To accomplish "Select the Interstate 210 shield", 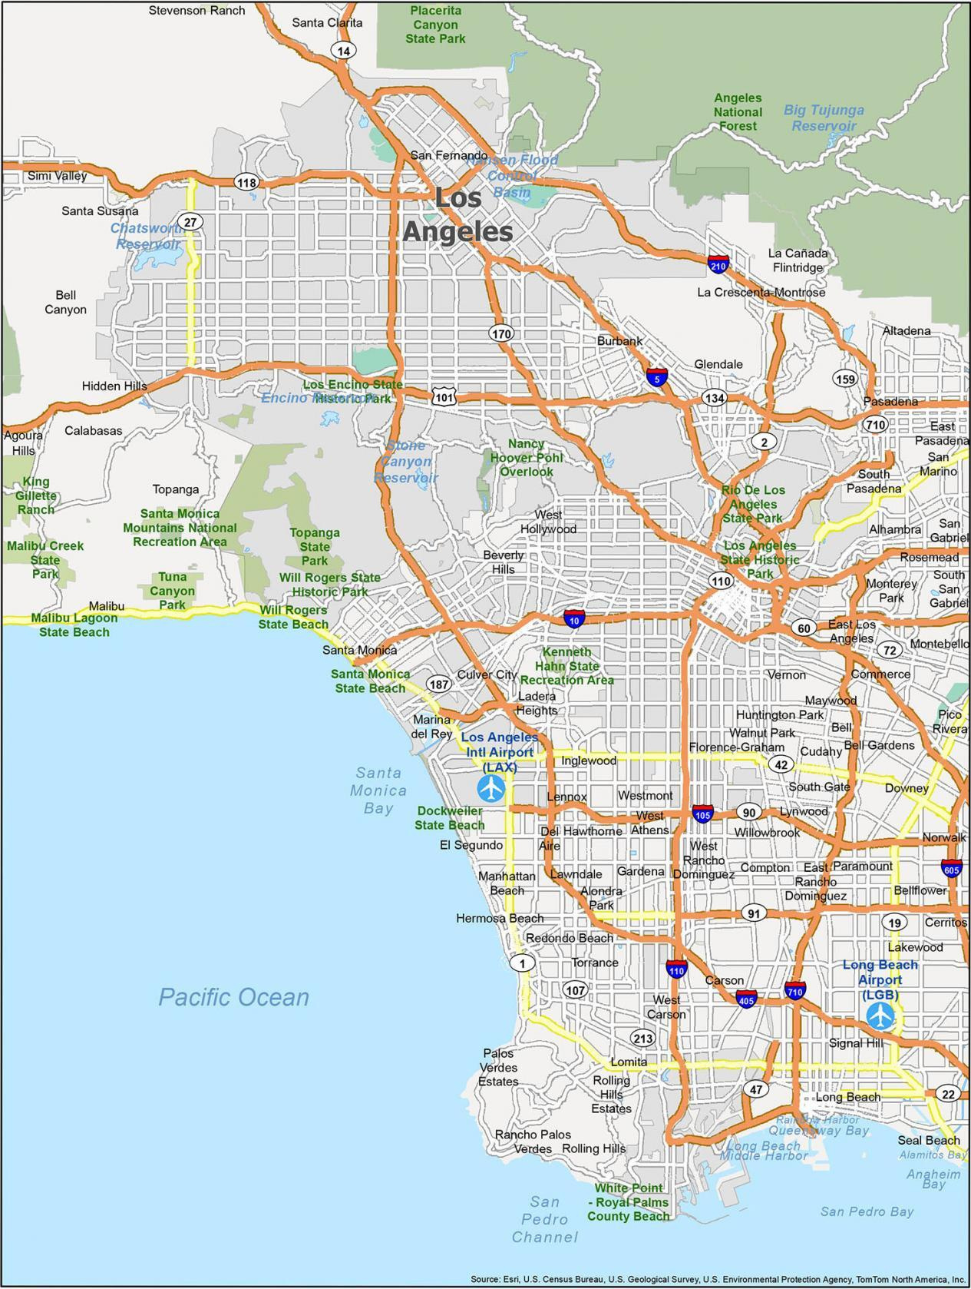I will click(x=718, y=263).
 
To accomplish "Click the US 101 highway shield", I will click(x=444, y=396).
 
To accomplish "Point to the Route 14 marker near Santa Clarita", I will click(x=343, y=51).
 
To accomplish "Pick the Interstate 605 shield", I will click(x=952, y=867).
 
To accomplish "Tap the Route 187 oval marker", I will click(x=439, y=684).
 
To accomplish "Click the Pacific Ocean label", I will click(x=233, y=997).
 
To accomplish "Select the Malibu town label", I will click(x=107, y=606).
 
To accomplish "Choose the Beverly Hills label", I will click(x=504, y=562).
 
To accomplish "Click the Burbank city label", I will click(x=620, y=341).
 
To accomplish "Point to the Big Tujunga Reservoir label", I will click(x=824, y=118).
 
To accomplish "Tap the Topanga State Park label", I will click(x=315, y=546).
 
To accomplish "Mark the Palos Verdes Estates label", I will click(x=499, y=1067).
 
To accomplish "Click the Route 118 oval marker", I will click(x=246, y=182).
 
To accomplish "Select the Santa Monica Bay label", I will click(x=378, y=790).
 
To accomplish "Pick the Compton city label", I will click(x=765, y=867).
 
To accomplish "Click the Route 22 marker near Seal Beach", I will click(x=950, y=1094).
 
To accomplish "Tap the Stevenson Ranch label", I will click(x=197, y=11).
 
